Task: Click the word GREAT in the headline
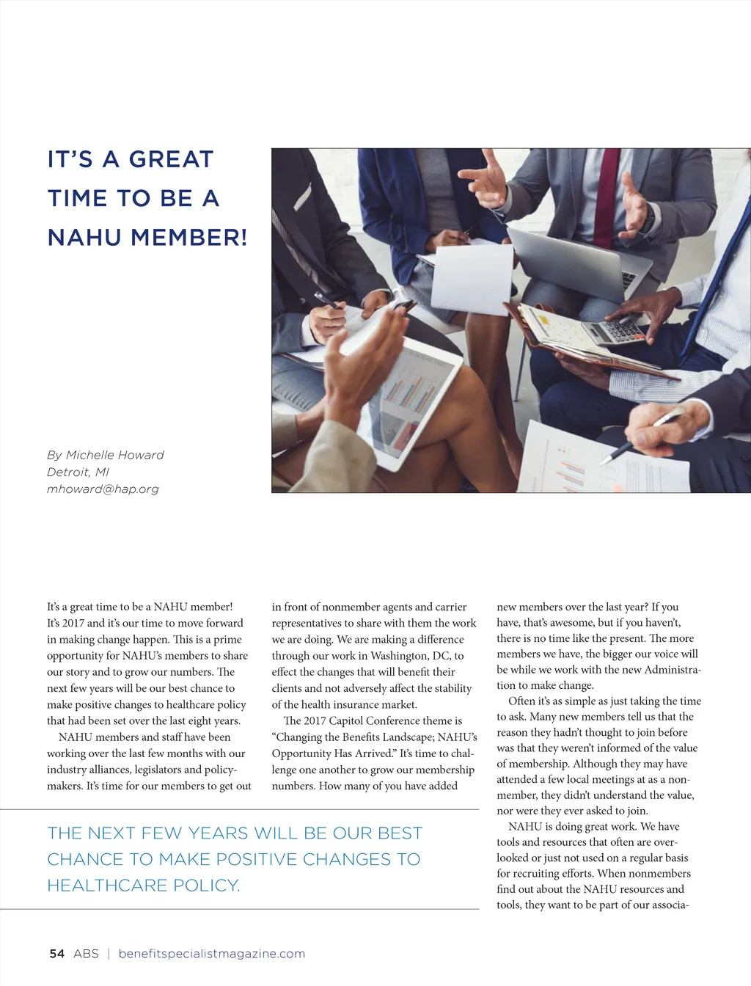(171, 159)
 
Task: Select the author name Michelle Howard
(115, 455)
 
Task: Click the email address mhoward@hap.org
(103, 489)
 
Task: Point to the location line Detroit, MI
(78, 472)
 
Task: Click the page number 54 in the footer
(56, 954)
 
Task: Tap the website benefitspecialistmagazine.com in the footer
(211, 954)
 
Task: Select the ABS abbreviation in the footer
(86, 954)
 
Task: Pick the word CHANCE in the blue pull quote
(83, 859)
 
